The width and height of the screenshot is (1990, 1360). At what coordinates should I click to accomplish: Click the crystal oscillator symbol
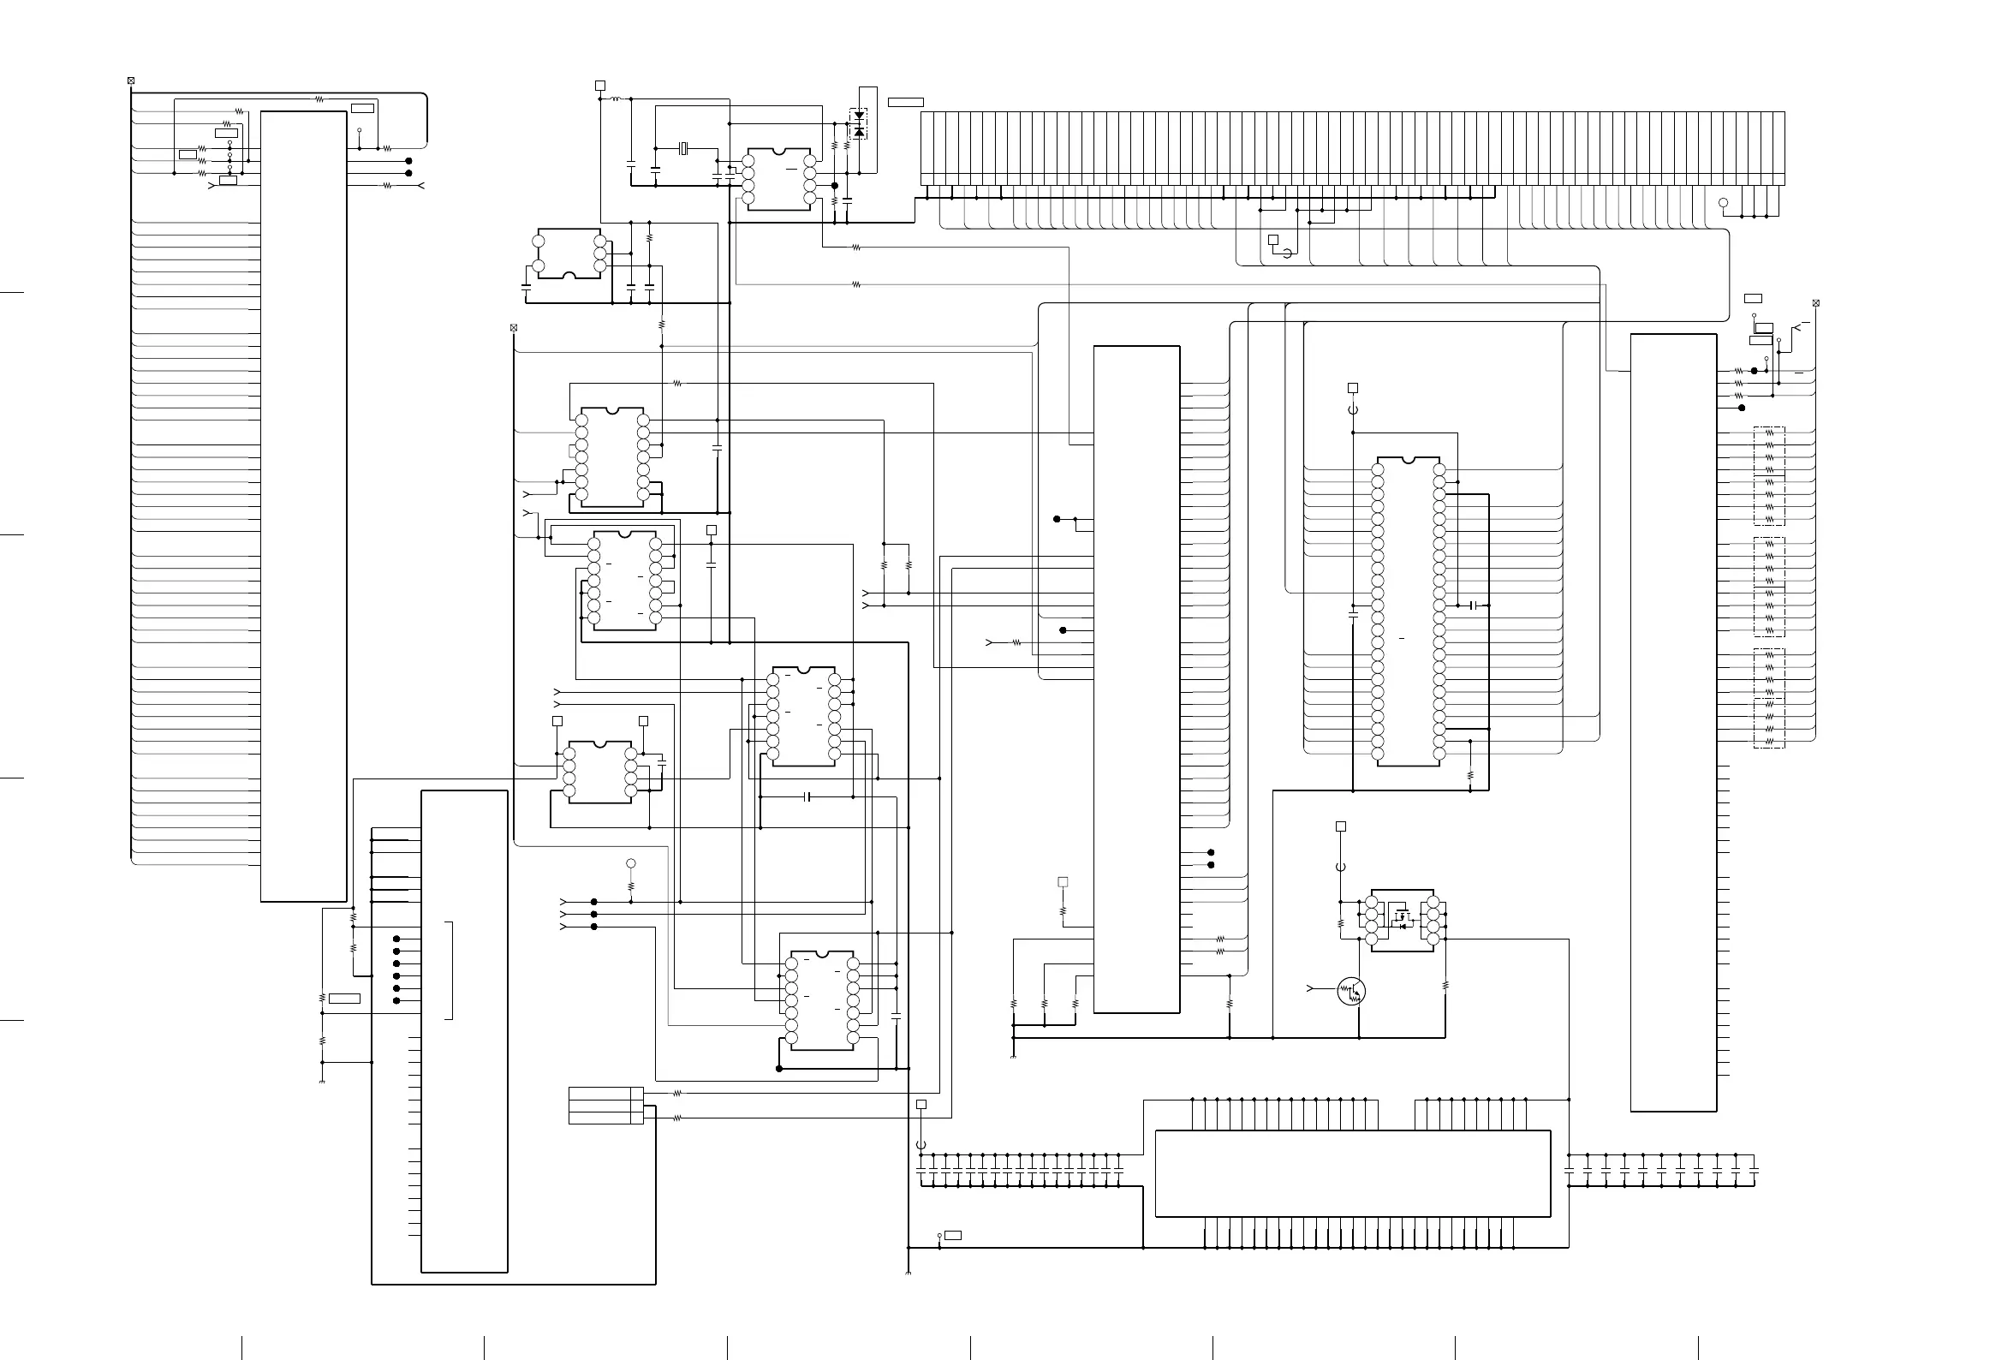tap(683, 149)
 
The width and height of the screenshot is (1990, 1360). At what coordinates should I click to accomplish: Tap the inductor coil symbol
tap(615, 99)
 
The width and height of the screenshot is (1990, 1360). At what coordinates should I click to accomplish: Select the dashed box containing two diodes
tap(858, 123)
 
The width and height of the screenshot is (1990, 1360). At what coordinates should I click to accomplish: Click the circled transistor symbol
tap(1351, 991)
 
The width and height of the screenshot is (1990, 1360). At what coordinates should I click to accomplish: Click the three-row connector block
tap(605, 1105)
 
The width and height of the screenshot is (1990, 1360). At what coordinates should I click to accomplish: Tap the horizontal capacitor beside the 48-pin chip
tap(1474, 605)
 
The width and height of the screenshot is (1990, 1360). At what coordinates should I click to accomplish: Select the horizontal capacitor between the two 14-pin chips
tap(808, 796)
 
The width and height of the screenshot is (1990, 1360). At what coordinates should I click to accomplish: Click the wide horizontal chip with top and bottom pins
tap(1352, 1172)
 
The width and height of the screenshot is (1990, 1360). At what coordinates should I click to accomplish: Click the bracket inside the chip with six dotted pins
tap(450, 970)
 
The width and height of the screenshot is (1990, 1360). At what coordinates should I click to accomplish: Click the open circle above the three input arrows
tap(631, 862)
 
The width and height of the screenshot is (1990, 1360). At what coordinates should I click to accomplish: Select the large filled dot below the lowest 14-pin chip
tap(778, 1068)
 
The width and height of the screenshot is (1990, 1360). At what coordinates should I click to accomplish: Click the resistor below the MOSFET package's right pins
tap(1445, 986)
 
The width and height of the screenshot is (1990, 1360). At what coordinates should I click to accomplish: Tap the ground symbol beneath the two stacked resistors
tap(322, 1082)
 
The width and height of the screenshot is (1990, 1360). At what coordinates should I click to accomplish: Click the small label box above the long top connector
tap(905, 103)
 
